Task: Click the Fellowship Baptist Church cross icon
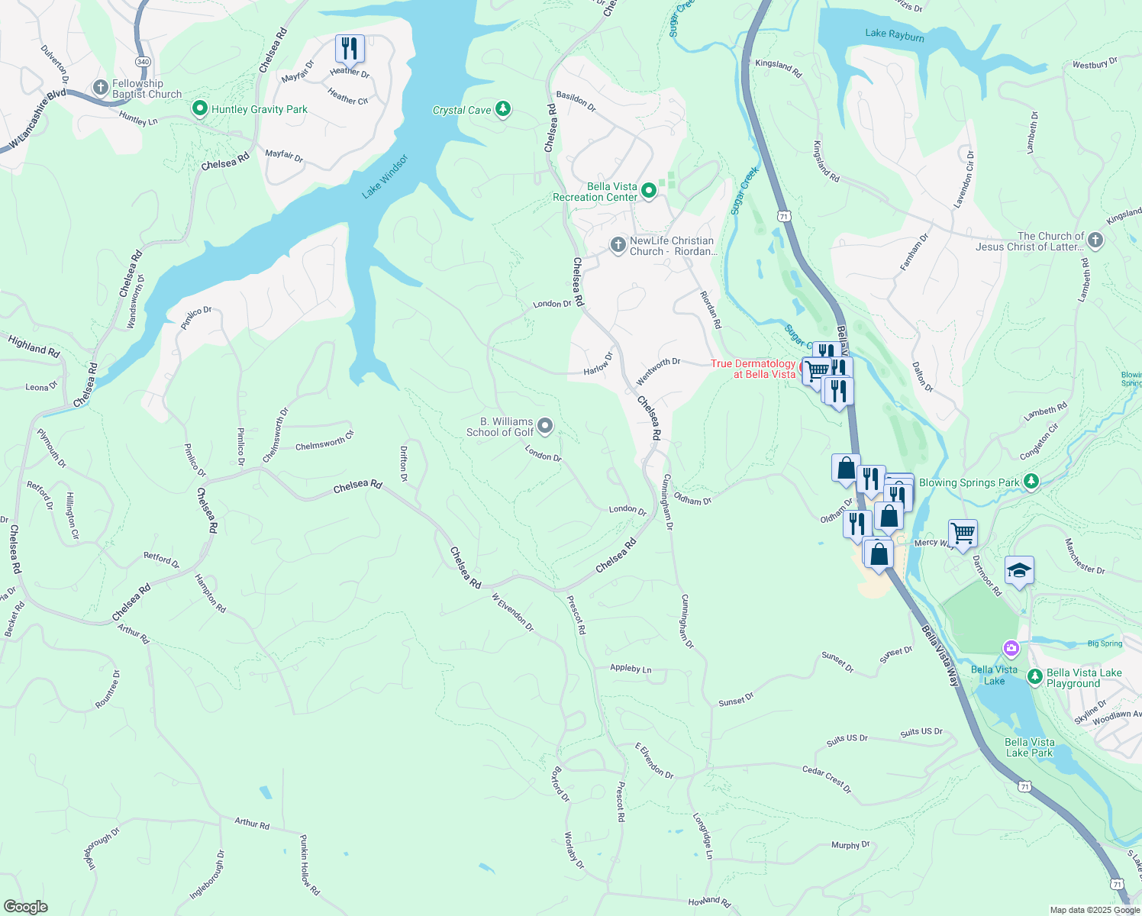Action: (x=100, y=88)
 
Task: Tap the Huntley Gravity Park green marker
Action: (x=199, y=109)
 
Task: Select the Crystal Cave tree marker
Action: (x=502, y=109)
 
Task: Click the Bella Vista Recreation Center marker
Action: (x=649, y=191)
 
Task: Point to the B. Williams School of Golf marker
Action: (x=545, y=426)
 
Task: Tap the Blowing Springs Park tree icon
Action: (x=1031, y=482)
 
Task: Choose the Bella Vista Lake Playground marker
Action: (x=1035, y=676)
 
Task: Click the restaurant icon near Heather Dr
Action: (x=350, y=49)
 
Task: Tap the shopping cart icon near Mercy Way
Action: (x=963, y=533)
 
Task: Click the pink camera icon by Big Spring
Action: (x=1011, y=649)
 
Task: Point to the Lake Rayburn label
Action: (x=895, y=35)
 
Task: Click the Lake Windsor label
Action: (x=386, y=177)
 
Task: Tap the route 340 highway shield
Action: (x=142, y=60)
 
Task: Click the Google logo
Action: (x=26, y=907)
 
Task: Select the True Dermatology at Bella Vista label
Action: (x=753, y=369)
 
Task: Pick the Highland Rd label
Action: (x=34, y=346)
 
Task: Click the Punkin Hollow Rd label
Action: (x=309, y=865)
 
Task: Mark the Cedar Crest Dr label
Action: (x=827, y=779)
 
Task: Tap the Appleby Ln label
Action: (x=631, y=669)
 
